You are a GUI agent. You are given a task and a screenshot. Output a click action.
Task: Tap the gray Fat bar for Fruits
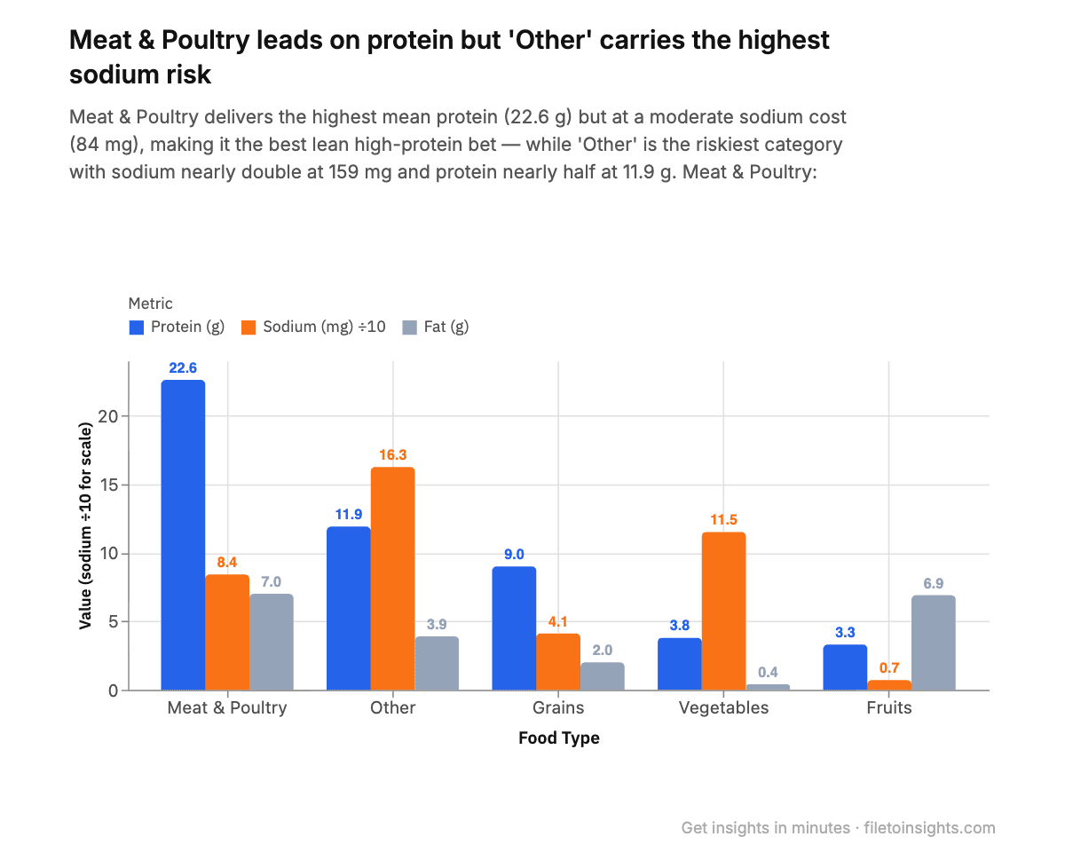[x=933, y=643]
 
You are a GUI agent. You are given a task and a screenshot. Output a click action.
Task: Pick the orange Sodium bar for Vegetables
[x=723, y=612]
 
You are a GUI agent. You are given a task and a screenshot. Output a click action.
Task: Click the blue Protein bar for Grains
[x=514, y=628]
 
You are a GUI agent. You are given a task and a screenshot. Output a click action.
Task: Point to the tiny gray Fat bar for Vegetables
[x=768, y=687]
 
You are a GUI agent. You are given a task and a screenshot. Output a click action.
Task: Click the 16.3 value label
[x=392, y=454]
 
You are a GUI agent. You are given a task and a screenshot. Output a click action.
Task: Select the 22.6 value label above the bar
[x=183, y=367]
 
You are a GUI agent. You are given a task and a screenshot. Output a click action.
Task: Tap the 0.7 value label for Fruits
[x=888, y=667]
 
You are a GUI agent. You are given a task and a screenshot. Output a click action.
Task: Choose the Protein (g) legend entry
[x=177, y=327]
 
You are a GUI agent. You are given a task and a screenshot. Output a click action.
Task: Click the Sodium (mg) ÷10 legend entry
[x=312, y=327]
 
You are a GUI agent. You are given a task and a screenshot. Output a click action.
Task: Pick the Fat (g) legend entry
[x=436, y=327]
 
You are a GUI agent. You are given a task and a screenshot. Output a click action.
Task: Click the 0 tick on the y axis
[x=113, y=690]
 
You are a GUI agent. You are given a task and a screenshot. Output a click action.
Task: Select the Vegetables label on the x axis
[x=723, y=707]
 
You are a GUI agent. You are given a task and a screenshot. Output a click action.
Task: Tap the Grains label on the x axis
[x=558, y=707]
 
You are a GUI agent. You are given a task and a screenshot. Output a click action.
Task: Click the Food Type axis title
[x=558, y=738]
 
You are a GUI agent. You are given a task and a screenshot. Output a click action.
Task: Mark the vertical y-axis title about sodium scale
[x=86, y=525]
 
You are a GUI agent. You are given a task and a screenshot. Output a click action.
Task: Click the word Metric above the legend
[x=151, y=304]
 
